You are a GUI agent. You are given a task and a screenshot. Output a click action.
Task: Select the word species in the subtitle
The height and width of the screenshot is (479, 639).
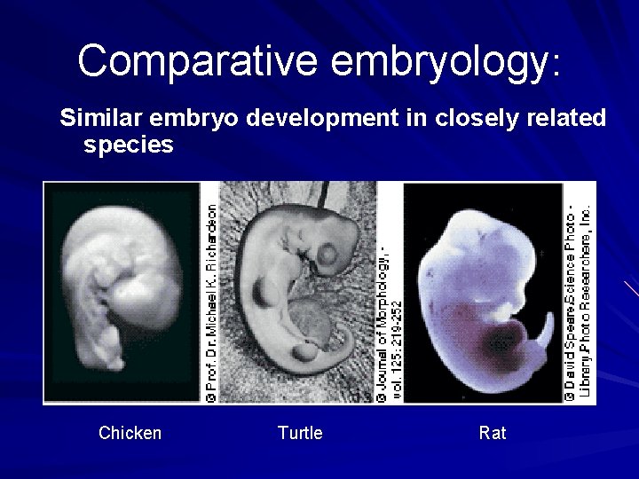point(128,145)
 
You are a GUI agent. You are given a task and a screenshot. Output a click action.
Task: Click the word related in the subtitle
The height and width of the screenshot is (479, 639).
point(561,118)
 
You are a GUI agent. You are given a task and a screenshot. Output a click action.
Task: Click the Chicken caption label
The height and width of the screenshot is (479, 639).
point(130,433)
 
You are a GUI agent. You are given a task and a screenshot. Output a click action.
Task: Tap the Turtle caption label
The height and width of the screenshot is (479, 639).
point(299,433)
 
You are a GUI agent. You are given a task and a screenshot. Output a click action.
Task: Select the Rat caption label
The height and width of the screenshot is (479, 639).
point(493,433)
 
